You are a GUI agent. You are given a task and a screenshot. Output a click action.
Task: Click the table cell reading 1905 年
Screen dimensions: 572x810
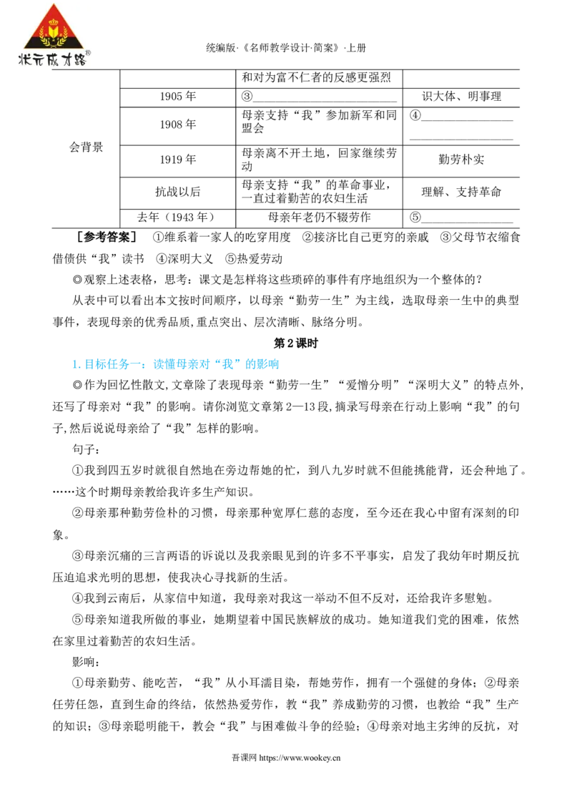(177, 97)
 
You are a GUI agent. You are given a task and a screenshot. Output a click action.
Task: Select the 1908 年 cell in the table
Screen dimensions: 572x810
(177, 125)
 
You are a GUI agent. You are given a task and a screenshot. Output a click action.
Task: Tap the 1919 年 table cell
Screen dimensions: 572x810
(177, 160)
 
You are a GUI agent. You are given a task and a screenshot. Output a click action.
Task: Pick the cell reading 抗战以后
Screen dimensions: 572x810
(177, 192)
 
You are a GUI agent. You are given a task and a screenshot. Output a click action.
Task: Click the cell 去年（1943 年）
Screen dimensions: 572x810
(177, 217)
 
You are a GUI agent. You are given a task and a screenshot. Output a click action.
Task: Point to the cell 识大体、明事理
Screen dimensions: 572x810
(461, 97)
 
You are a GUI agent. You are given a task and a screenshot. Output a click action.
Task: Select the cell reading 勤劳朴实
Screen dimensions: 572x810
(461, 160)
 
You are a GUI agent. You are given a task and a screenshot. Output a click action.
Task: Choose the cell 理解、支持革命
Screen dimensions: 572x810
(461, 192)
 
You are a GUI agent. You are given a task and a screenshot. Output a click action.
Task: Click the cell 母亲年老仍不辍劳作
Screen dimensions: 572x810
(319, 217)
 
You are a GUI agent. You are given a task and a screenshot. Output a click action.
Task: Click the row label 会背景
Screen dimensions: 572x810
(87, 147)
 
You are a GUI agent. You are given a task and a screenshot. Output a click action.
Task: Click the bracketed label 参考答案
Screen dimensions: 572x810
(107, 237)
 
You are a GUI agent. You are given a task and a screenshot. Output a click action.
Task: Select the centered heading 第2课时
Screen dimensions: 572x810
(296, 343)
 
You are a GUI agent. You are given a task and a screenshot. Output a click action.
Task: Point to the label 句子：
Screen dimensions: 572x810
(87, 449)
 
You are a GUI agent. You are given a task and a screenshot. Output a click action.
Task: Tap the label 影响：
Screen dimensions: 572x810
(87, 663)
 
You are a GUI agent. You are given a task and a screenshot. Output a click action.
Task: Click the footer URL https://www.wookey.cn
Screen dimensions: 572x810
(300, 758)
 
